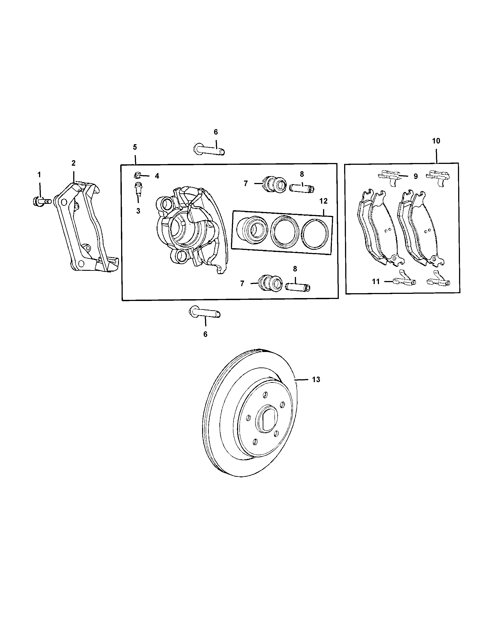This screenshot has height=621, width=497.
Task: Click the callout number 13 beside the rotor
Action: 316,380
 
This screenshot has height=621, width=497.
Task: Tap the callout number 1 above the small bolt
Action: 39,175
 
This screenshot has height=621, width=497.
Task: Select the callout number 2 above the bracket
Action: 73,163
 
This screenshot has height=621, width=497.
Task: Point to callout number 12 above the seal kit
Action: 323,201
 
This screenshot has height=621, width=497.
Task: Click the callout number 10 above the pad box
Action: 436,141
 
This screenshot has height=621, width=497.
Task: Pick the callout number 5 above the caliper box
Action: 135,147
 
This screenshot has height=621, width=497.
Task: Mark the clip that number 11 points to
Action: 403,279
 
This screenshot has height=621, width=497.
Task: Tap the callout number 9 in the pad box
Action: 416,176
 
